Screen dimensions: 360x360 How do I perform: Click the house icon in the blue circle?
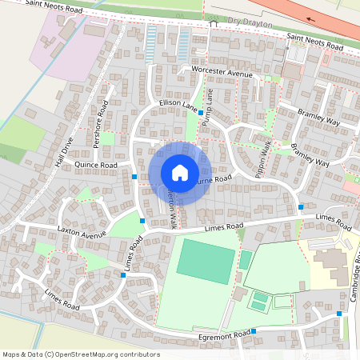[180, 173]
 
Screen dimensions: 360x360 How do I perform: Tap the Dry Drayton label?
[250, 24]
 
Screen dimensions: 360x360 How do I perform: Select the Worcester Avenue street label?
[222, 72]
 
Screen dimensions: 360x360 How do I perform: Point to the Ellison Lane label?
[178, 105]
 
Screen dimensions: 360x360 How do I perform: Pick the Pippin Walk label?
[262, 158]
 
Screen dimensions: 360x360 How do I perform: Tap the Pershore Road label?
[102, 125]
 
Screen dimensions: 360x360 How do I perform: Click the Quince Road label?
[95, 165]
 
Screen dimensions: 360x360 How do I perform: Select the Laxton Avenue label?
[82, 233]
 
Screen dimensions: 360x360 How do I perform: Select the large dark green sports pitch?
[206, 259]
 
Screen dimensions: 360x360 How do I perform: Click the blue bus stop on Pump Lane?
[200, 114]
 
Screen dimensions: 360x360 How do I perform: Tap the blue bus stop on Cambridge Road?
[339, 314]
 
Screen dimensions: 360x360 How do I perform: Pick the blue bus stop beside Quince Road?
[134, 176]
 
